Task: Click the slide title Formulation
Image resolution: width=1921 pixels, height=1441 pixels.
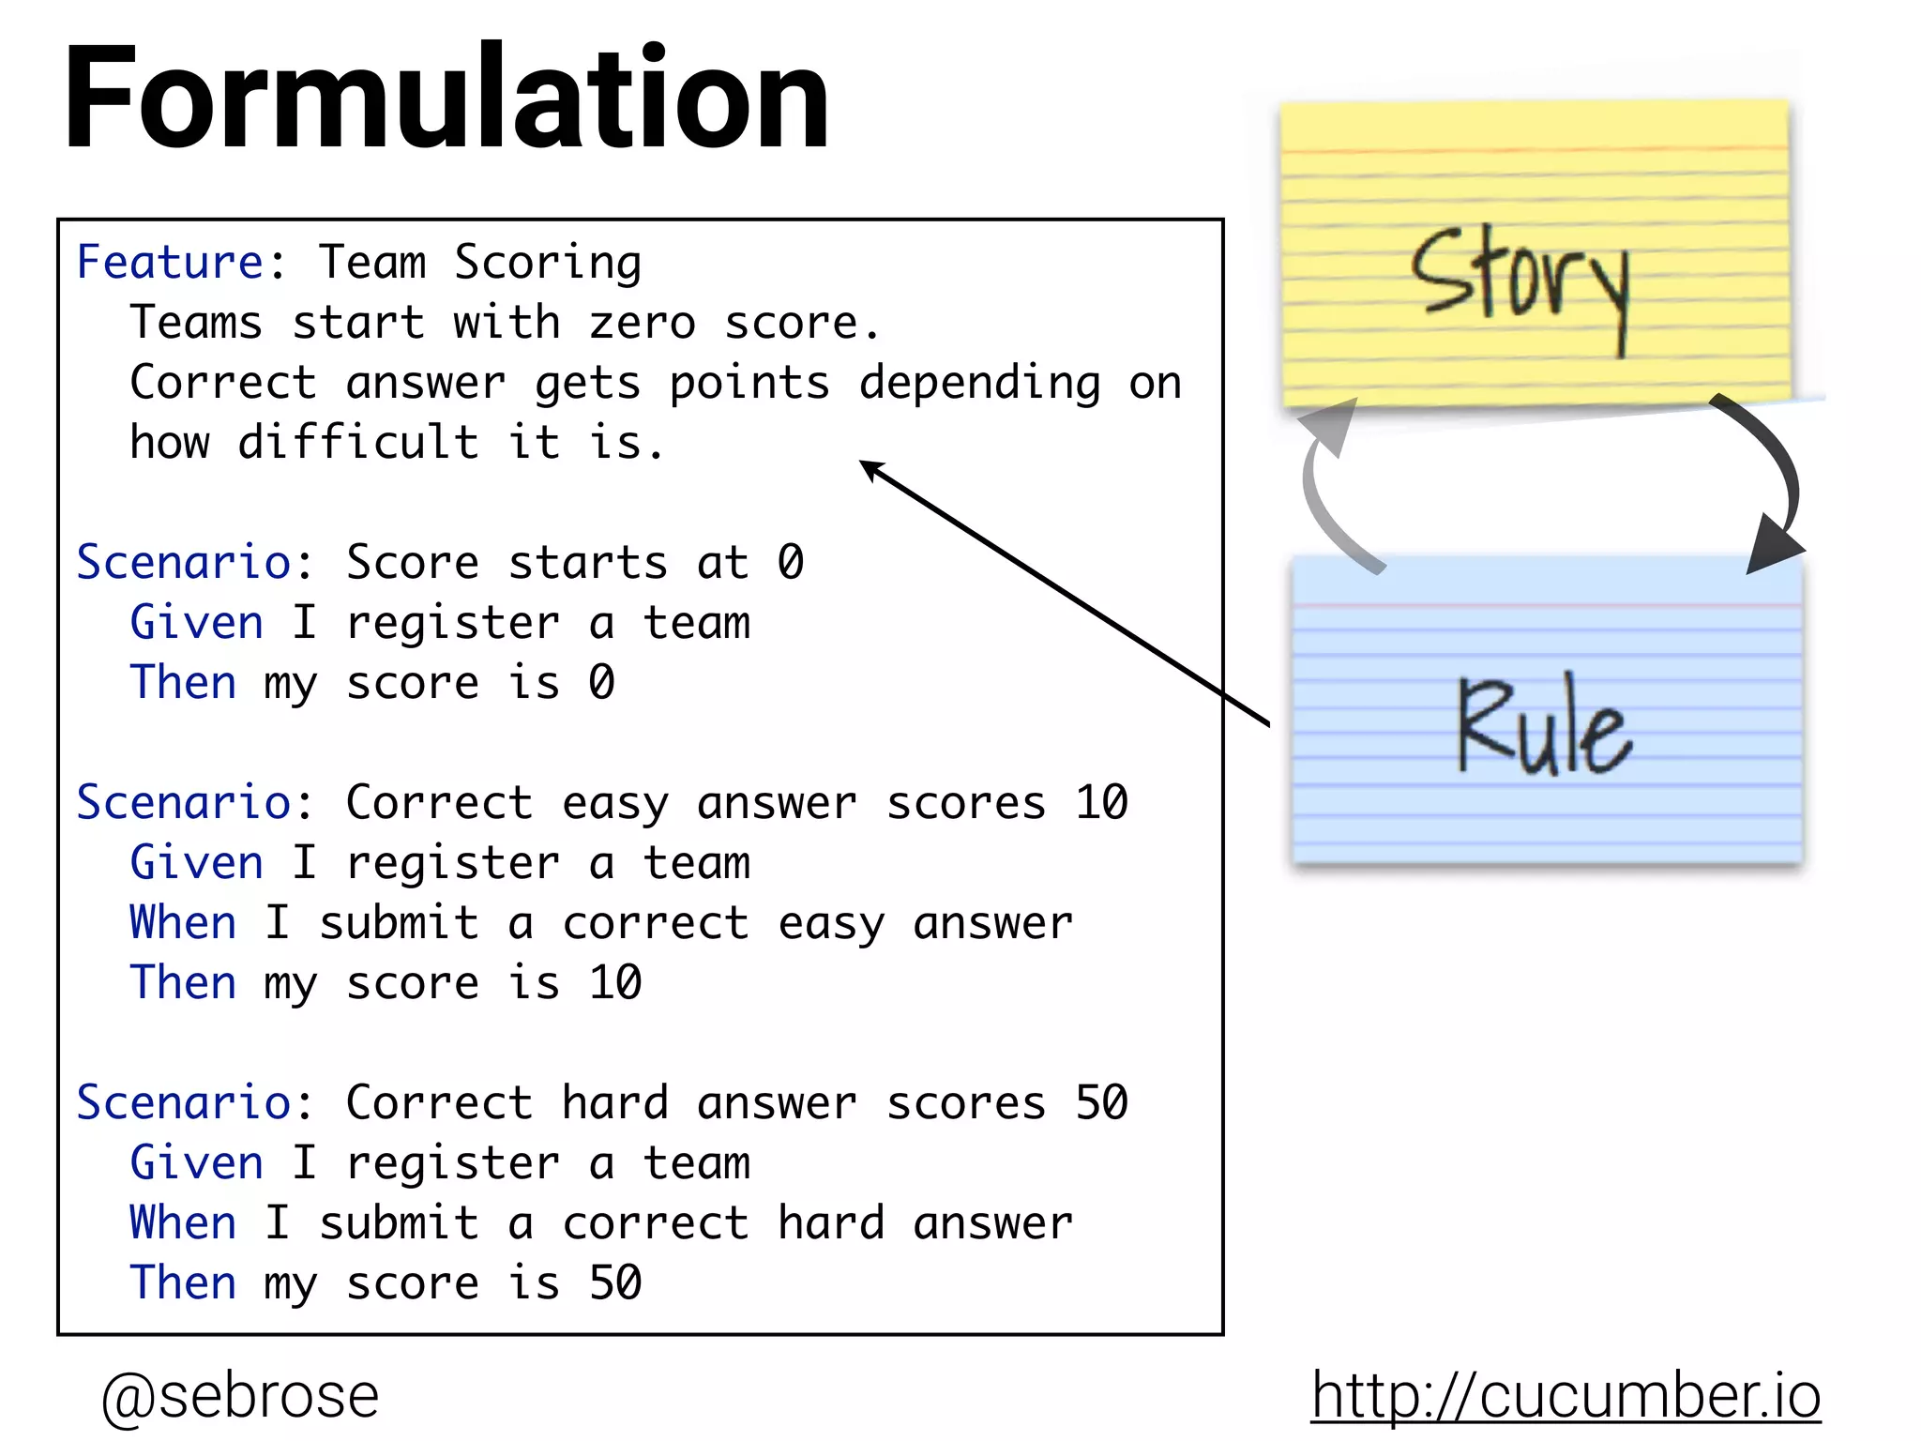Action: (x=446, y=99)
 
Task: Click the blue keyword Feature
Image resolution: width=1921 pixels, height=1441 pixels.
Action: (x=170, y=262)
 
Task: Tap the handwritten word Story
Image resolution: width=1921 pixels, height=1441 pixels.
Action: (x=1520, y=281)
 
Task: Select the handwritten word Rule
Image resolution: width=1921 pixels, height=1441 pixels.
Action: (x=1544, y=727)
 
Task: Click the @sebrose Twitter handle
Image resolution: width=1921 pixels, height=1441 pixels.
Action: (x=239, y=1395)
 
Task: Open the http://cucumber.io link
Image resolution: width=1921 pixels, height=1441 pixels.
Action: (x=1565, y=1395)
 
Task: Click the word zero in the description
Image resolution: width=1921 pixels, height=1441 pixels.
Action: (x=643, y=323)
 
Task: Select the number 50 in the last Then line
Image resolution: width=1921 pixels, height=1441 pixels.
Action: (x=615, y=1282)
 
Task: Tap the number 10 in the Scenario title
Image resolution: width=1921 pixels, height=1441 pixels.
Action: (x=1101, y=803)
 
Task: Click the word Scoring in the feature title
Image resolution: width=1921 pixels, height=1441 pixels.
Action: (x=548, y=264)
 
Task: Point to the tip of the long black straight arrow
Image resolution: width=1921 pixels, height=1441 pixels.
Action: (x=864, y=463)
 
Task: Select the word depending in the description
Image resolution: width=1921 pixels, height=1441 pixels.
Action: (x=980, y=384)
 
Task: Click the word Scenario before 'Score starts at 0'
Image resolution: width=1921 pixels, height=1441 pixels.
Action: (x=183, y=562)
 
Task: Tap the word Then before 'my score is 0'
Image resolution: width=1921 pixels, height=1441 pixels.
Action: (x=183, y=682)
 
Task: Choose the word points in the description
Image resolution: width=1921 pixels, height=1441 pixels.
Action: (x=749, y=384)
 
